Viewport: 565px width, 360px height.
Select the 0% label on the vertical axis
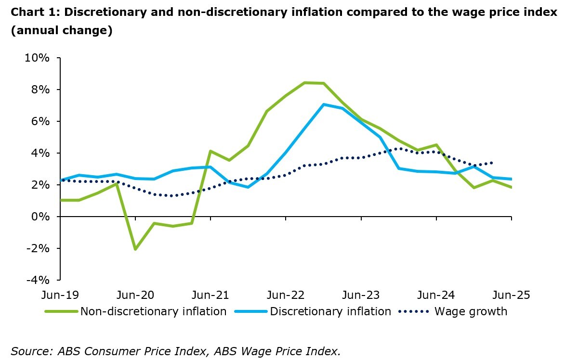point(40,217)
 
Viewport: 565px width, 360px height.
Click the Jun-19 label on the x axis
point(60,295)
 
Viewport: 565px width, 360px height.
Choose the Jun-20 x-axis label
point(135,295)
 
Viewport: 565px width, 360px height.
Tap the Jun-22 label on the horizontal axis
point(286,295)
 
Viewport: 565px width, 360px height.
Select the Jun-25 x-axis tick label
point(511,295)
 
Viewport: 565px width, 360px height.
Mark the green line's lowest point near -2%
point(135,249)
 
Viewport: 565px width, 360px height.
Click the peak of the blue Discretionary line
point(324,104)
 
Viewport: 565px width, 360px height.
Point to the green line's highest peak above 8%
point(304,83)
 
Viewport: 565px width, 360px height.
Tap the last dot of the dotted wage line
point(491,163)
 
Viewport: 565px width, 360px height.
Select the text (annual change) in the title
point(62,31)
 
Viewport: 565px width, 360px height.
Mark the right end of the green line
point(511,187)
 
